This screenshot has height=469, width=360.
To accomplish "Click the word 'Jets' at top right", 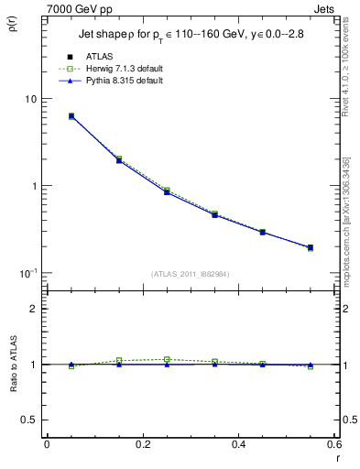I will tap(325, 8).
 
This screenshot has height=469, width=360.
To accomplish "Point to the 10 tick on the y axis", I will tap(30, 99).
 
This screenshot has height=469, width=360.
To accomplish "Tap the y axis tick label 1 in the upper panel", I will tap(34, 186).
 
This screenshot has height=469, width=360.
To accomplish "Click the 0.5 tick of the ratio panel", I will tap(29, 420).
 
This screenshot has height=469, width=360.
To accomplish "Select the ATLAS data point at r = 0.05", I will tap(71, 116).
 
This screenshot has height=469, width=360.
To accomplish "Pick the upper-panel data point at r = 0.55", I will tap(310, 247).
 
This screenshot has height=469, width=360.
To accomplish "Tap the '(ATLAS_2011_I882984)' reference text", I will tap(191, 274).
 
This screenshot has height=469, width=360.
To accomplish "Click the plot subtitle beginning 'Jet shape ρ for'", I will tap(190, 38).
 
